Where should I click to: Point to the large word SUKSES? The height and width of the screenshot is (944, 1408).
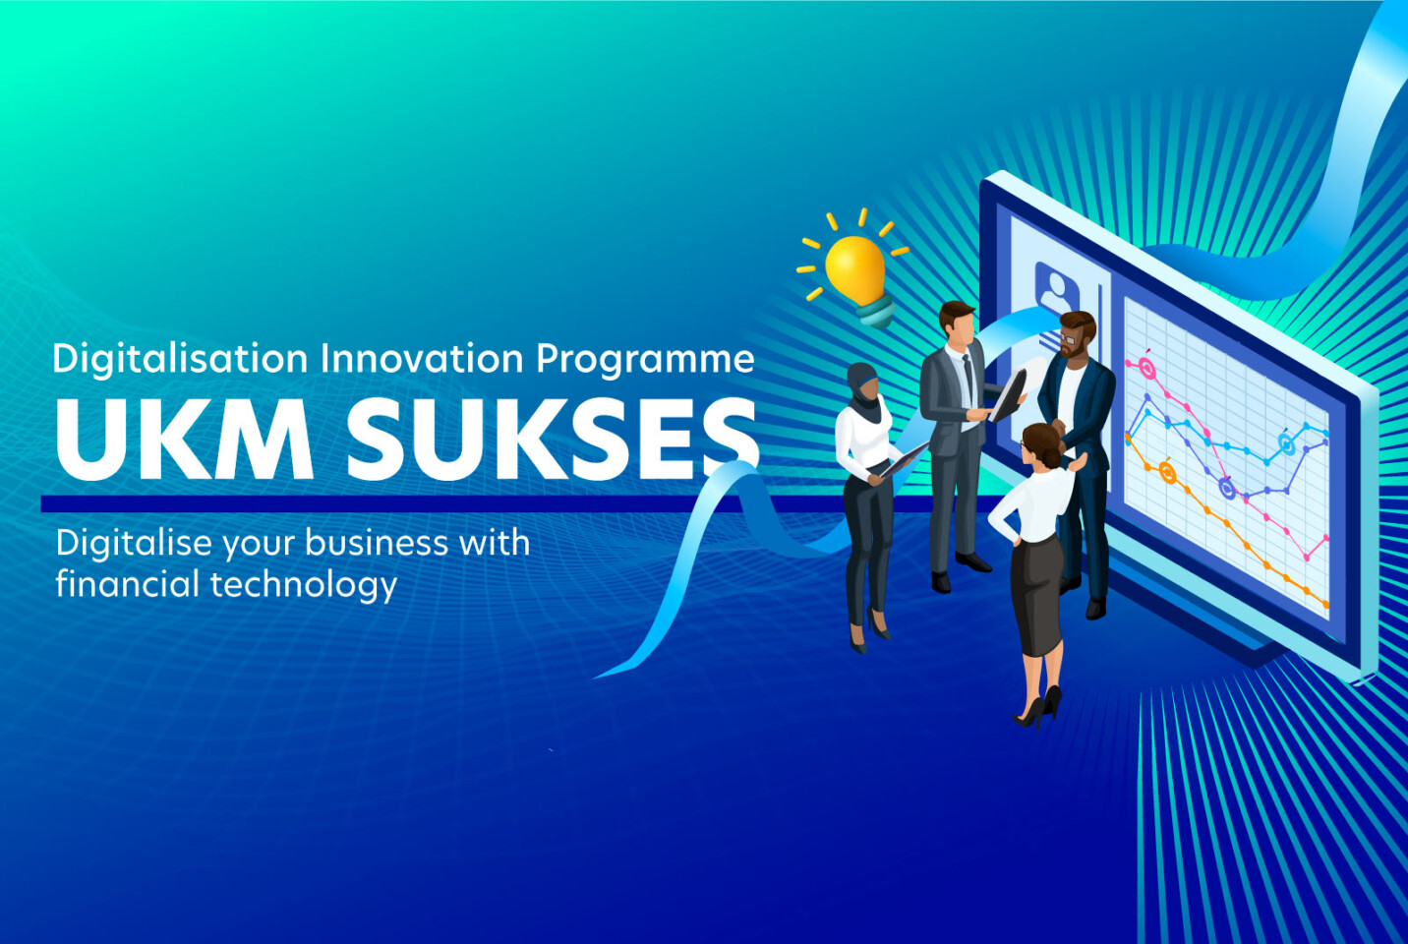(x=553, y=439)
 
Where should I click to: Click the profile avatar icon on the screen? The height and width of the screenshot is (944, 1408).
(x=1057, y=288)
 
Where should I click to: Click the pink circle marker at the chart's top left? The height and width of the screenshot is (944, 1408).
(x=1145, y=367)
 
